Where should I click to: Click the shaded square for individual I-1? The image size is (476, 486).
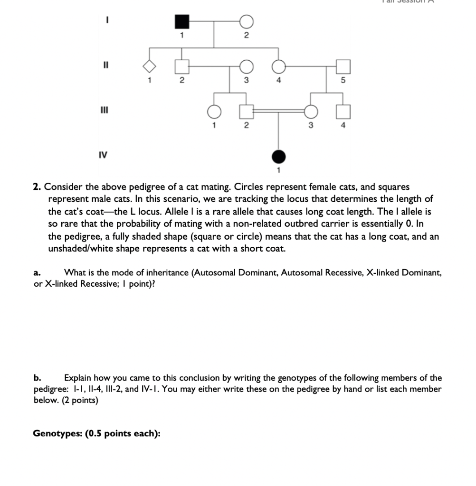point(182,22)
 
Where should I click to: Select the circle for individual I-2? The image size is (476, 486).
point(246,22)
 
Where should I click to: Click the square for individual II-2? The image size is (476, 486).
point(182,66)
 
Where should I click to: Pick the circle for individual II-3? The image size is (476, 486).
point(246,66)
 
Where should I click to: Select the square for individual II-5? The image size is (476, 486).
point(343,66)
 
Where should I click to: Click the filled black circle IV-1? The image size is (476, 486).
point(278,156)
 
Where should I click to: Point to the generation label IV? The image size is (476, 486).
point(102,155)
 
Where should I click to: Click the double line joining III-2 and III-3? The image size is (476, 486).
point(278,110)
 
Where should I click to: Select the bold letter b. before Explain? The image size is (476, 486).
point(37,378)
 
